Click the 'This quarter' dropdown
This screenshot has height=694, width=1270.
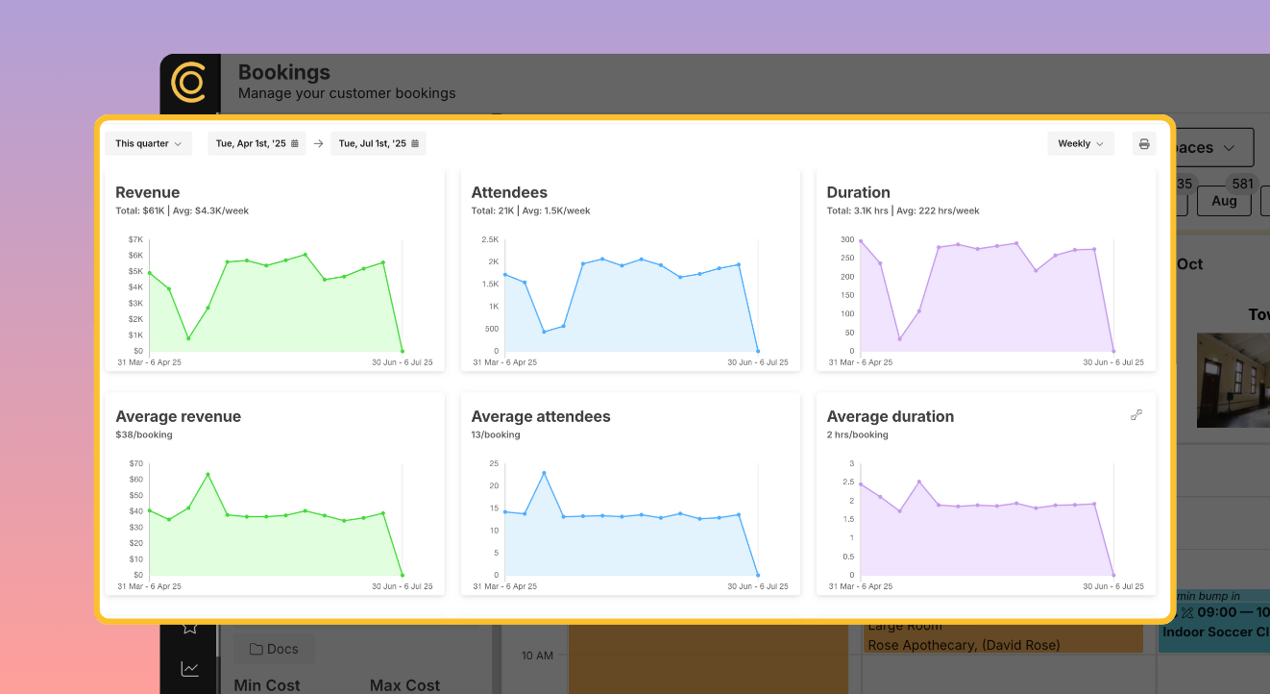(148, 144)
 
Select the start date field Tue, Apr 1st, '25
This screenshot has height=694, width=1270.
(256, 144)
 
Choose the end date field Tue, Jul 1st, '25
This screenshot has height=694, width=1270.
(379, 144)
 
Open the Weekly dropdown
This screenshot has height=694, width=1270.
(1080, 144)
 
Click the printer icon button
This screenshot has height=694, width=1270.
(1143, 144)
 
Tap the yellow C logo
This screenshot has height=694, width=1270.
(188, 83)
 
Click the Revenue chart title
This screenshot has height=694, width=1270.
(148, 192)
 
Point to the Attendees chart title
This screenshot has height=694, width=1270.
(509, 192)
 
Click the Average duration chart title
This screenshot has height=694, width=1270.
(890, 416)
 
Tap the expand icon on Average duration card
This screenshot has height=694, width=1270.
(1136, 414)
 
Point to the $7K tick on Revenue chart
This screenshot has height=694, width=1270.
(135, 239)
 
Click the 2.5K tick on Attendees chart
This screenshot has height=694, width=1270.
(490, 239)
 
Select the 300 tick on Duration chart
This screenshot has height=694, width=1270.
(846, 239)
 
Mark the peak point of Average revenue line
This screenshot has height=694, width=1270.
(208, 475)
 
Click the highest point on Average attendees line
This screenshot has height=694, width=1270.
(544, 473)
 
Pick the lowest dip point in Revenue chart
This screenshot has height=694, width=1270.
(188, 338)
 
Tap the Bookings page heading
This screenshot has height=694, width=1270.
(283, 72)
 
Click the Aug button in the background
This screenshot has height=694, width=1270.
(1224, 201)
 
